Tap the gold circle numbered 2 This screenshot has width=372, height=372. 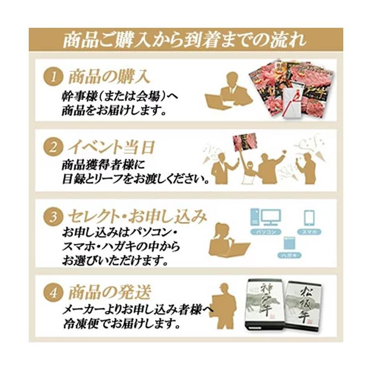pyautogui.click(x=54, y=147)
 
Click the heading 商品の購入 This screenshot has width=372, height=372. pyautogui.click(x=109, y=76)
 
